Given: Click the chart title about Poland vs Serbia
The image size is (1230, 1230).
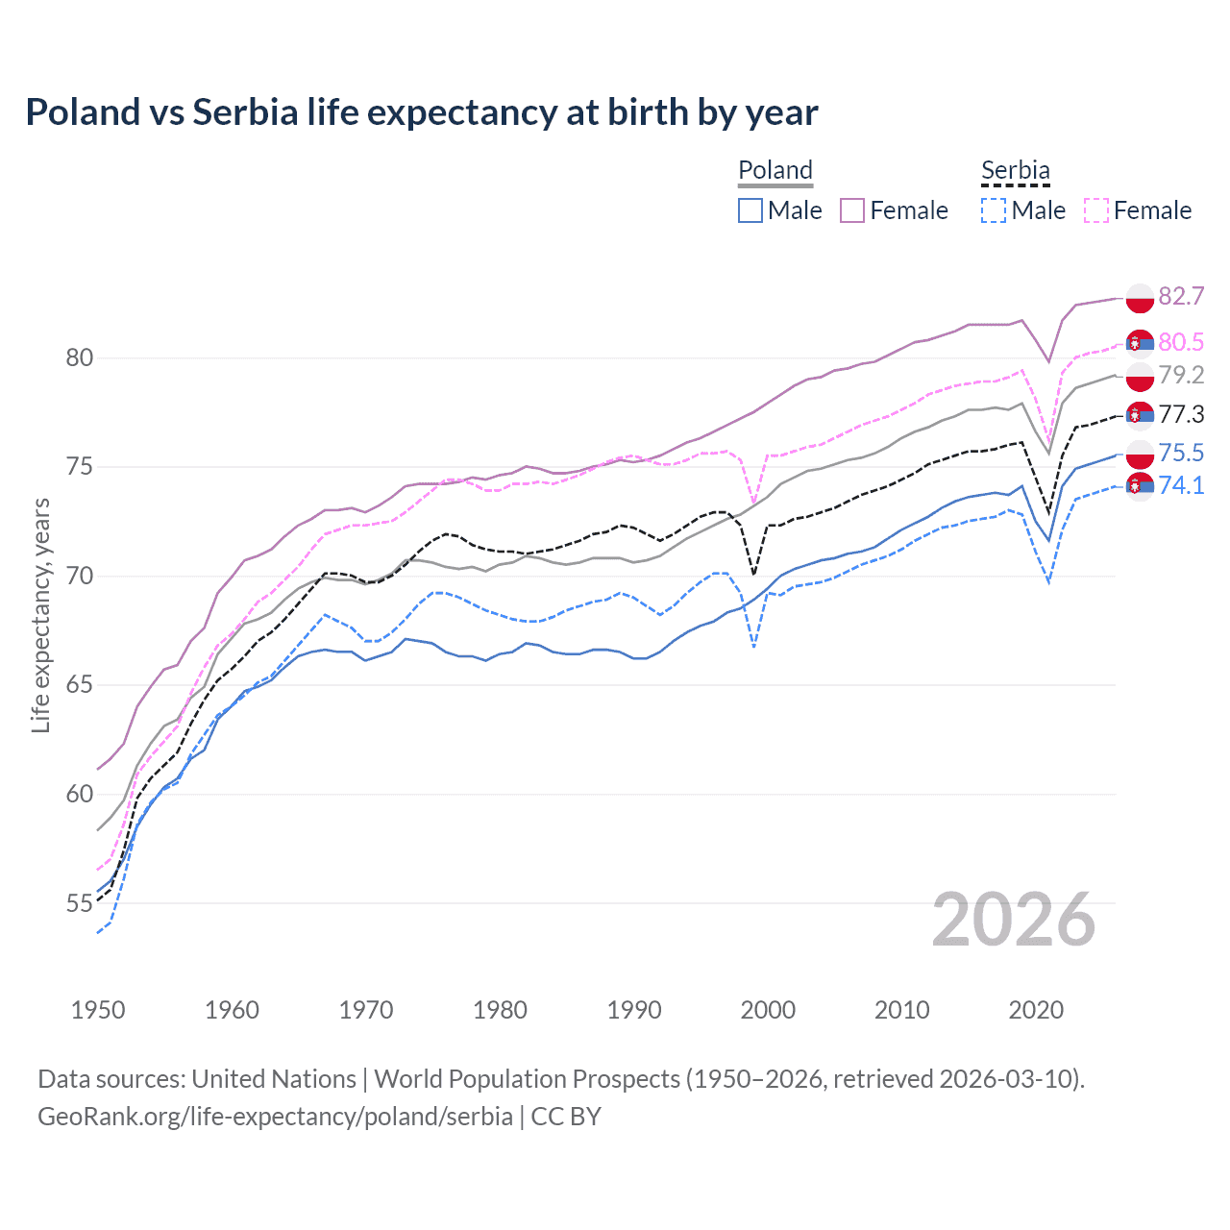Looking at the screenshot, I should coord(422,112).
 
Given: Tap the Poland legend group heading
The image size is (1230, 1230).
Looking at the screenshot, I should coord(775,170).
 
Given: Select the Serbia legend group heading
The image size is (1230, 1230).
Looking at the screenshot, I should coord(1016,170).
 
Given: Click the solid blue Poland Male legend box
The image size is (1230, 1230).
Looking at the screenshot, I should coord(750,210).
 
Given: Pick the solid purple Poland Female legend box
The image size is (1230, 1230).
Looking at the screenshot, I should coord(852,210).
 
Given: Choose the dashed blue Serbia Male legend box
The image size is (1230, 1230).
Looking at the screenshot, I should coord(994,210).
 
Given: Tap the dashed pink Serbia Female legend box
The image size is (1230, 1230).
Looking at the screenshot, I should coord(1096,210).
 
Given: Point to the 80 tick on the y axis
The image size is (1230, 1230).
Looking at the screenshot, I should coord(80,358).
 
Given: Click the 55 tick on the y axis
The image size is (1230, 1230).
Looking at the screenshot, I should coord(80,903).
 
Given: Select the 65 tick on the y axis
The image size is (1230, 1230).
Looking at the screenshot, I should coord(80,685).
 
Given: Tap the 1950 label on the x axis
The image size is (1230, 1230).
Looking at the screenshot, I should coord(98,1010).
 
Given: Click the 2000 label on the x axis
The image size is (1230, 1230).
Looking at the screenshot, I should coord(768,1010).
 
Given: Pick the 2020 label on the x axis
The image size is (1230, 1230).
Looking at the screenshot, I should coord(1036,1010).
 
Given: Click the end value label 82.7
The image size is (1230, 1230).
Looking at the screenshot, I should coord(1181,296).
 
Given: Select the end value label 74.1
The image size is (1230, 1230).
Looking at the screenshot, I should coord(1181,485).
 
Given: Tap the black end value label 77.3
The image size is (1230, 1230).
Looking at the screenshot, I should coord(1181,414).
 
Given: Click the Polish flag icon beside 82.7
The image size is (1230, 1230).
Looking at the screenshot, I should coord(1140,299).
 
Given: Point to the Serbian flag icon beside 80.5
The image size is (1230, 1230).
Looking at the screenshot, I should coord(1140,343).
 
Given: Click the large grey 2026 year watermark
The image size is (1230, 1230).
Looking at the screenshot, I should coord(1014,921).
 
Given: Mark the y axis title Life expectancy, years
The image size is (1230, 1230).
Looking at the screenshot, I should coord(41,615).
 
